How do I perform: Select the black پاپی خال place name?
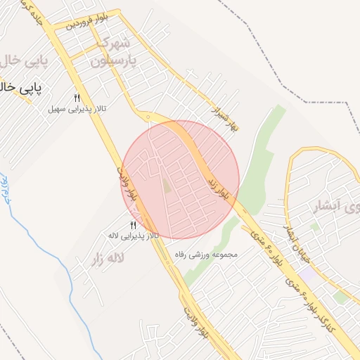pyautogui.click(x=20, y=89)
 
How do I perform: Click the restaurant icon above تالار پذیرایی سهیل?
pyautogui.click(x=77, y=98)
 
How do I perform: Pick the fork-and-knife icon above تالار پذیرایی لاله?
pyautogui.click(x=133, y=225)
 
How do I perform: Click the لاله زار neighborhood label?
pyautogui.click(x=108, y=258)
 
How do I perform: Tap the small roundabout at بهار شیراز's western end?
pyautogui.click(x=148, y=117)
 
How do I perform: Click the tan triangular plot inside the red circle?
pyautogui.click(x=167, y=186)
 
